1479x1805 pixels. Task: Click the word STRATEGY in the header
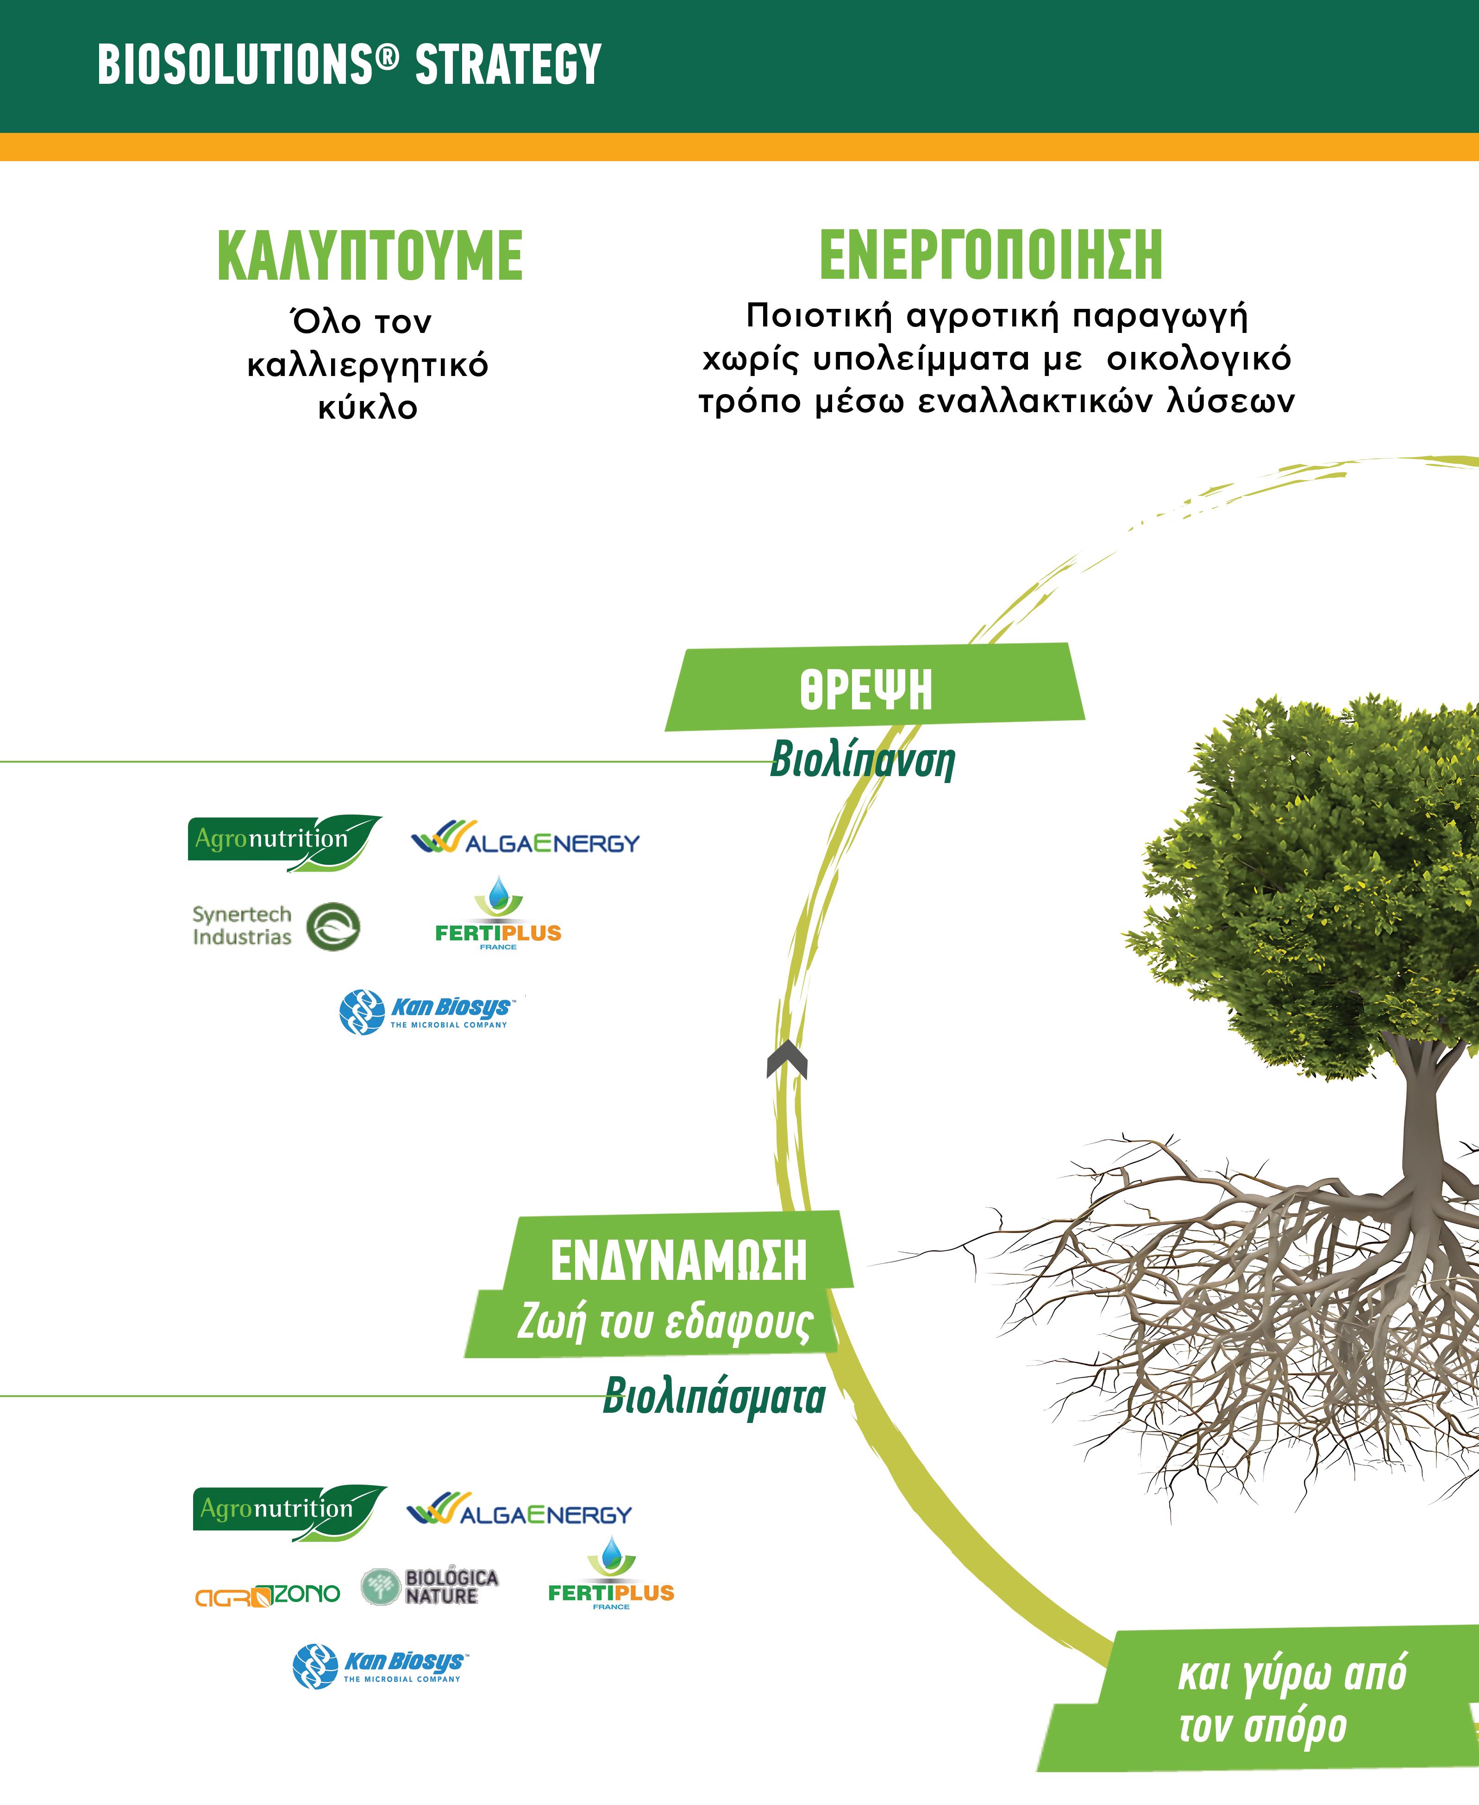click(508, 65)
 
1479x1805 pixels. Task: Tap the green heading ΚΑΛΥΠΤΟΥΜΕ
click(370, 256)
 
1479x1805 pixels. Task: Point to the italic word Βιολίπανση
click(862, 761)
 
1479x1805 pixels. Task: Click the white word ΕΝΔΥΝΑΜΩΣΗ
click(678, 1261)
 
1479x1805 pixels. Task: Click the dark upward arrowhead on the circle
click(786, 1060)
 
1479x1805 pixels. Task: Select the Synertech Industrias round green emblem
click(333, 927)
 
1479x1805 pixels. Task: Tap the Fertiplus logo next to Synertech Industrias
click(498, 916)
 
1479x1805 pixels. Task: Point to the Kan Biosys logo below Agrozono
click(380, 1666)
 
